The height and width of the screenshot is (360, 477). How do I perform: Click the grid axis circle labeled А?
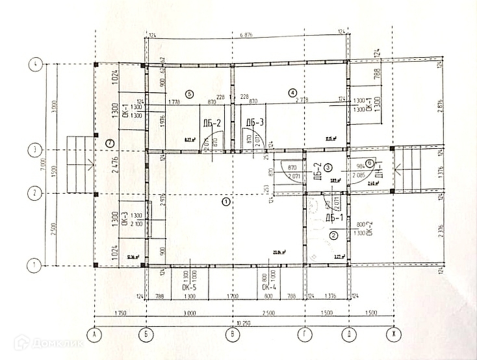coord(96,335)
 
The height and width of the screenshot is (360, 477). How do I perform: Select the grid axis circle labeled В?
coord(229,335)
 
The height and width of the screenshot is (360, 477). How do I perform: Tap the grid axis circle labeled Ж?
coord(392,335)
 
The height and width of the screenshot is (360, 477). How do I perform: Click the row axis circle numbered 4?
coord(35,64)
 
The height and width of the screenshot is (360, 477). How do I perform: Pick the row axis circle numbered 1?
coord(35,265)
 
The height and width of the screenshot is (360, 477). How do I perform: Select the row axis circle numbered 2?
coord(35,193)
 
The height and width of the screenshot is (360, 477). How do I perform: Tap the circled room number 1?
coord(226,202)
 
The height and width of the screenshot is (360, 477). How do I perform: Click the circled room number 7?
coord(110,142)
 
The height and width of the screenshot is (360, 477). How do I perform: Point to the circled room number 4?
coord(292,93)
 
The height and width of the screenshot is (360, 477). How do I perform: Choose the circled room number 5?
coord(190,94)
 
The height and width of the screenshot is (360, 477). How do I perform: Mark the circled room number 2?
coord(333,235)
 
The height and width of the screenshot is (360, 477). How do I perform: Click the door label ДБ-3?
coord(255,123)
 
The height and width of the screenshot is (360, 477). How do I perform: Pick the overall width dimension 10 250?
coord(244,323)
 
